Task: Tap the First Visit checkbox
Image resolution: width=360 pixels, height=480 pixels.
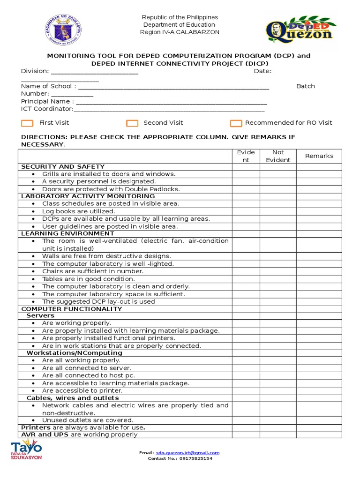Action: pos(28,123)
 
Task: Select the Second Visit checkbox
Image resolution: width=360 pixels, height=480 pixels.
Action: pos(132,123)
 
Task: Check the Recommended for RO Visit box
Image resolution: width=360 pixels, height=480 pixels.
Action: pos(236,123)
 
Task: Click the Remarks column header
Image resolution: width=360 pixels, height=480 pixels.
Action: pos(319,156)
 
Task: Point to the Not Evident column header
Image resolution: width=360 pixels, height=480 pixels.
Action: pos(278,156)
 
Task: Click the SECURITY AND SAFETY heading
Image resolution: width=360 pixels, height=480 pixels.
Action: pos(63,166)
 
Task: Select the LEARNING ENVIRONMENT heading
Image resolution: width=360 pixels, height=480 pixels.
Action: pos(67,233)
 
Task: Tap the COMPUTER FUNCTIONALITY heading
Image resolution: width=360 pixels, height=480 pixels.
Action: pos(72,309)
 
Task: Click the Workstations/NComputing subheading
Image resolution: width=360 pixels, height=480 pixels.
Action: pos(74,352)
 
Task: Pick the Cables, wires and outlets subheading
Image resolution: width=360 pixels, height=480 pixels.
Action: pos(73,398)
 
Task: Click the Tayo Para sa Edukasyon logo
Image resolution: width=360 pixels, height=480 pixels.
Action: pos(26,451)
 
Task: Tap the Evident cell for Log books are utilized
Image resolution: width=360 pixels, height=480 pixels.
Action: pos(246,211)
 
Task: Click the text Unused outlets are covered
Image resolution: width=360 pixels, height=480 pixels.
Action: pos(88,420)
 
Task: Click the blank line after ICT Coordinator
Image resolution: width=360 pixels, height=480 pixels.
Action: pos(169,109)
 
